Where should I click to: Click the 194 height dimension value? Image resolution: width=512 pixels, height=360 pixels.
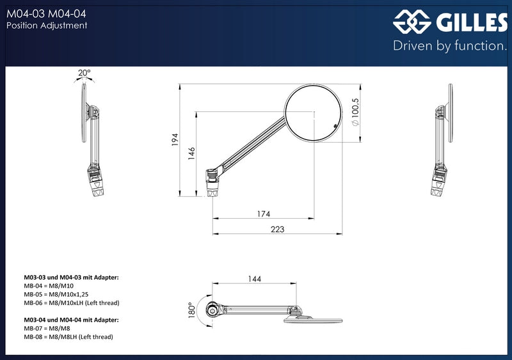175,139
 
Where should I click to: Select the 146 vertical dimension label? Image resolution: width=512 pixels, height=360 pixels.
191,153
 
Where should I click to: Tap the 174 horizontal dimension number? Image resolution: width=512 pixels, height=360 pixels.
264,214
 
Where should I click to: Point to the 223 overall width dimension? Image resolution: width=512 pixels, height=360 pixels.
278,229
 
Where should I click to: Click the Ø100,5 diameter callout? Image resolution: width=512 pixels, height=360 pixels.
355,112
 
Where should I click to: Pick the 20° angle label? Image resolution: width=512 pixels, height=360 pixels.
84,72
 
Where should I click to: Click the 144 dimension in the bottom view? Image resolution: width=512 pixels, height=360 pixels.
254,279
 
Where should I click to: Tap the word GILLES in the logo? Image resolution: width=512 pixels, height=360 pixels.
472,22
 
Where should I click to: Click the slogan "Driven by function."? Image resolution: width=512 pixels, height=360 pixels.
450,45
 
